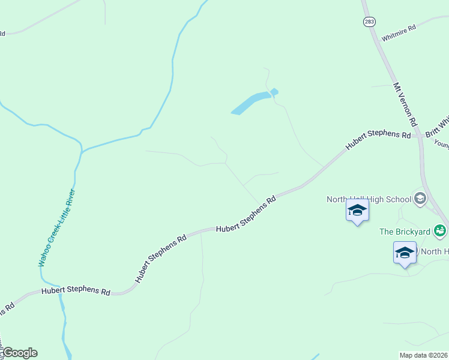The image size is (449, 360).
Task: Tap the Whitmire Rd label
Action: click(399, 29)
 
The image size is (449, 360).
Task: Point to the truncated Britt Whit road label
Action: click(437, 127)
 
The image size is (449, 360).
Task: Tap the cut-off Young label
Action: click(441, 144)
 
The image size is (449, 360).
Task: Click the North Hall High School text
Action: click(369, 199)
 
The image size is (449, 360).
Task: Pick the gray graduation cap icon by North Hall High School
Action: click(420, 199)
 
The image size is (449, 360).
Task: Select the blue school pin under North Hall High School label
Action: click(357, 211)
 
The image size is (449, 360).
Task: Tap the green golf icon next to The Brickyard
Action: click(440, 230)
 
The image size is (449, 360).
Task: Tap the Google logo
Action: click(20, 353)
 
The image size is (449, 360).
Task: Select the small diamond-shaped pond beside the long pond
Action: click(274, 92)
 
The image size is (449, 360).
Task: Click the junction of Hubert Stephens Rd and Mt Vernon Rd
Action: click(419, 136)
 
